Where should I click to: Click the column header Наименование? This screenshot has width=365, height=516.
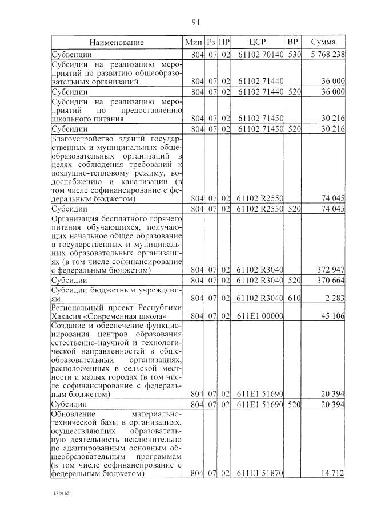point(117,43)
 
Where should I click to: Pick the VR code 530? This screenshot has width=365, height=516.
point(294,55)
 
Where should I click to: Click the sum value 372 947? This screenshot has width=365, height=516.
point(331,270)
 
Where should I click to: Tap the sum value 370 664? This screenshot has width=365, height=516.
point(331,280)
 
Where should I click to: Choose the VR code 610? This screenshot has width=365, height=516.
point(294,298)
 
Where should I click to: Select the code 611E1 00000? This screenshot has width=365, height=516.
point(259,316)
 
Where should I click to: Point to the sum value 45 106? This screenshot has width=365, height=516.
point(333,316)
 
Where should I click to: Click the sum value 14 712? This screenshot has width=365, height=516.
point(333,473)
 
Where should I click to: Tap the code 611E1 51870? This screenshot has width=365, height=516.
point(259,473)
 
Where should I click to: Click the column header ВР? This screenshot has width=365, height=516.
point(292,43)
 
